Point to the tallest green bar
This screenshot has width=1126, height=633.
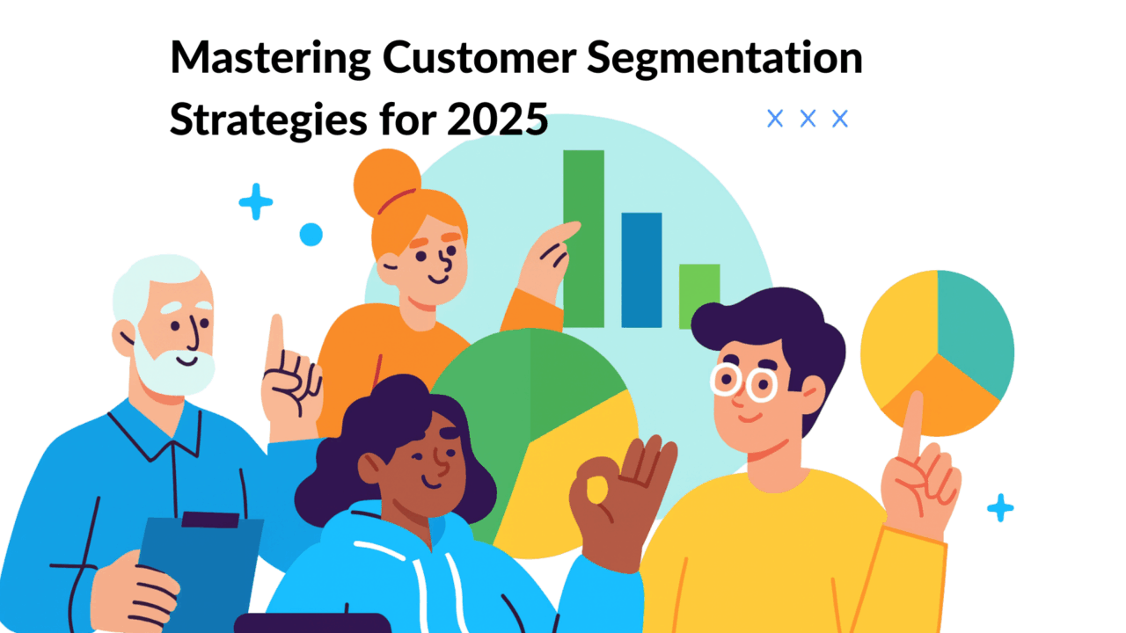click(x=583, y=237)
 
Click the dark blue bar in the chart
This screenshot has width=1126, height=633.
click(x=641, y=269)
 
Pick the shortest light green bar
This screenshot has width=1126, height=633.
click(x=699, y=295)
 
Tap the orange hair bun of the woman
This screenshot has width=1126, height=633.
click(x=385, y=181)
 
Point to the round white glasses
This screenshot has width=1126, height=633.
click(x=744, y=383)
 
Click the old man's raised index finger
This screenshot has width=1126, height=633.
click(x=276, y=338)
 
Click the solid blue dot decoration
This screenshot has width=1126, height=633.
click(x=311, y=234)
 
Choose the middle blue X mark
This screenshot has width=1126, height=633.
click(x=808, y=119)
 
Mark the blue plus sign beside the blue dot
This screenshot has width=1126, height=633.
click(x=256, y=201)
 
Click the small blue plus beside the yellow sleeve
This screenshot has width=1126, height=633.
click(x=1000, y=507)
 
